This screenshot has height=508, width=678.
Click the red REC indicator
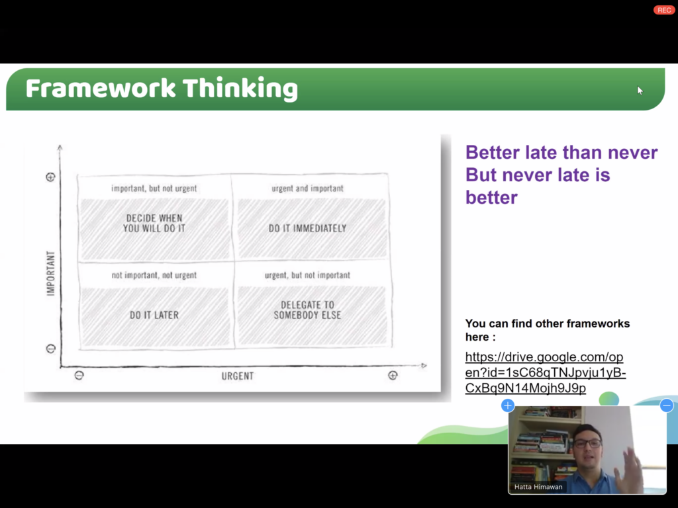(663, 10)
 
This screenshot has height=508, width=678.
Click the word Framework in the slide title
(101, 89)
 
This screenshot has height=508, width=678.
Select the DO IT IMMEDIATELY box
(311, 228)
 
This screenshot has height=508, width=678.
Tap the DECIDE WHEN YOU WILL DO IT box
(154, 228)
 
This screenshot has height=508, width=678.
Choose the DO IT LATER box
(154, 317)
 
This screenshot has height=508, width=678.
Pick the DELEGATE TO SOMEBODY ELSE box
(311, 316)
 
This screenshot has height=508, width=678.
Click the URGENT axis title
(238, 376)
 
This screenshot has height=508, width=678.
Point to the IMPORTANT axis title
(51, 273)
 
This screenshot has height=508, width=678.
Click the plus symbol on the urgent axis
(393, 376)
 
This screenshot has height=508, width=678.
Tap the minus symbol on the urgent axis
(79, 376)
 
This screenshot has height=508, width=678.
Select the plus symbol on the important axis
(50, 177)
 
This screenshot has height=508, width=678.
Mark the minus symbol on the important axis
(50, 349)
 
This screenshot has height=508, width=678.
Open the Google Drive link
(546, 372)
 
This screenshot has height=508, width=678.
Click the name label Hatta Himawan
(538, 487)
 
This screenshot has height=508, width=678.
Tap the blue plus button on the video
(508, 405)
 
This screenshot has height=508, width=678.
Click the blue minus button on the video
(666, 405)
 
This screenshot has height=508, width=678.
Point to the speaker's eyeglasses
(588, 443)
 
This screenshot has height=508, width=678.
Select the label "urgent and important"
(307, 189)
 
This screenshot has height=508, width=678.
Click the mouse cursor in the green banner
(640, 90)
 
